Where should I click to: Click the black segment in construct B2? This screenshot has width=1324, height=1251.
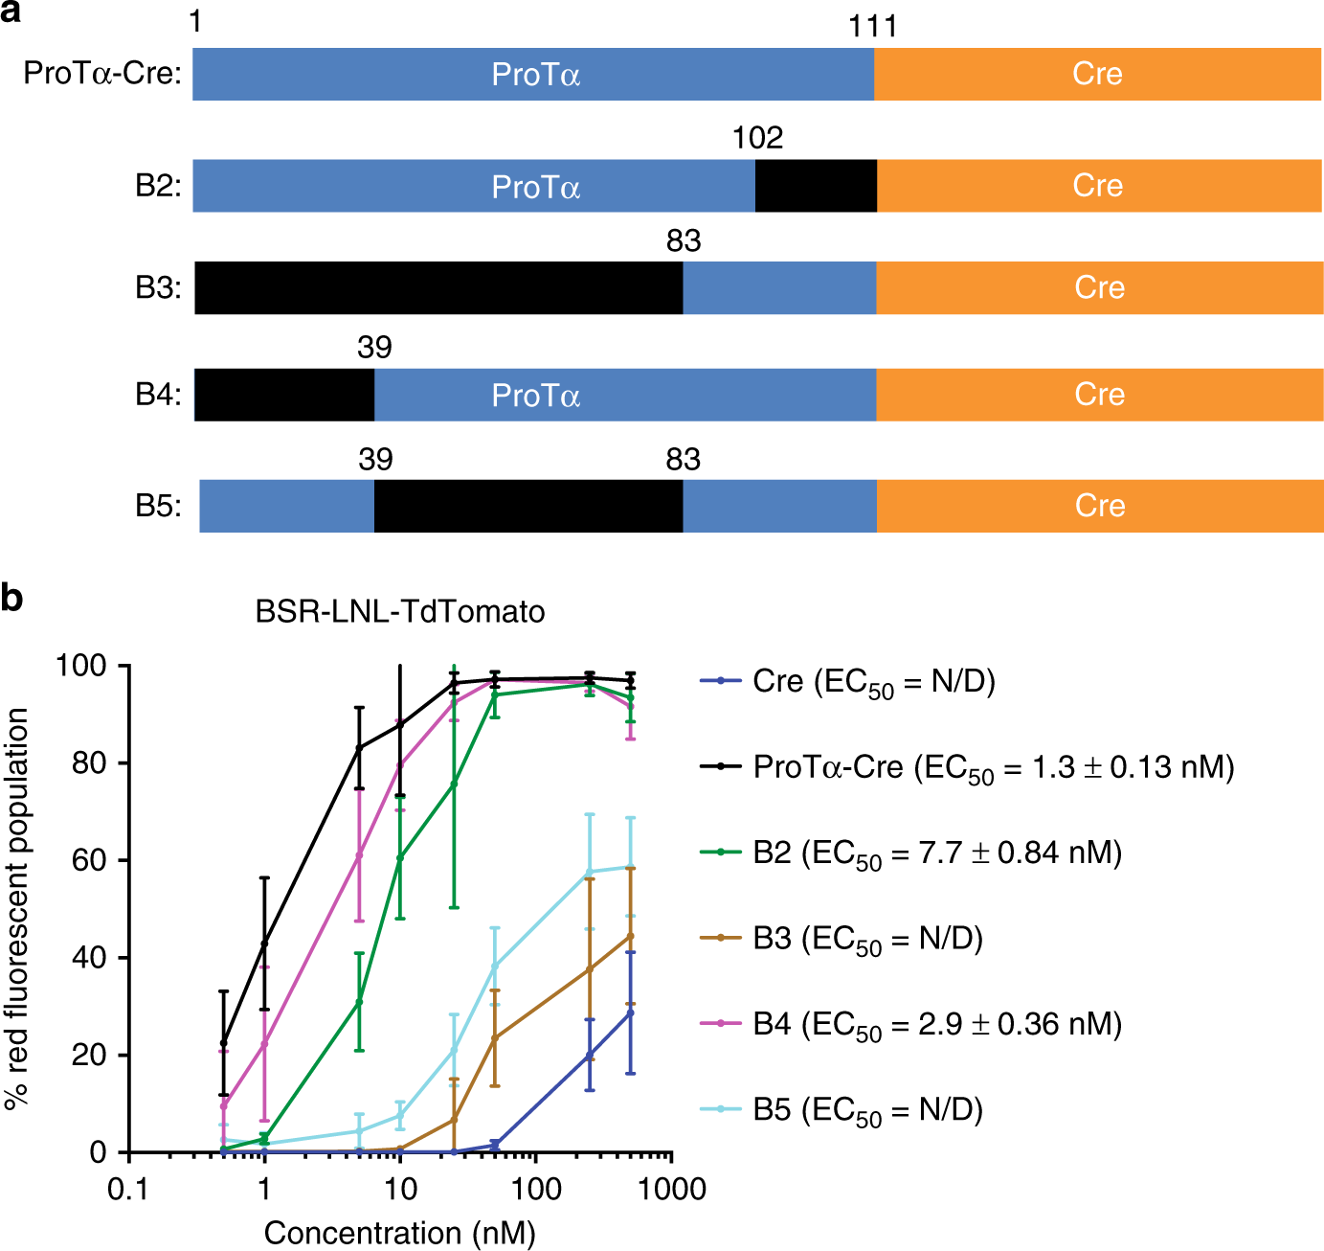click(x=816, y=186)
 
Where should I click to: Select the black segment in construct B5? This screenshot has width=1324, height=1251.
click(x=528, y=506)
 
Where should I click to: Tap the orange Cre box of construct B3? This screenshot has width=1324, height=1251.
click(x=1099, y=287)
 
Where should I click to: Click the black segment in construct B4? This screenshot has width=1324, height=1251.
click(x=284, y=395)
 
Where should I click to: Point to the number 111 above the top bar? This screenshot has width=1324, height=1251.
click(x=872, y=26)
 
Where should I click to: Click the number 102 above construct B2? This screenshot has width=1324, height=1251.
click(x=757, y=138)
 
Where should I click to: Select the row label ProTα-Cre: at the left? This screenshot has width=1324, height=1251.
click(x=102, y=73)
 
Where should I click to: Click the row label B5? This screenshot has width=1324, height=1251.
click(x=158, y=506)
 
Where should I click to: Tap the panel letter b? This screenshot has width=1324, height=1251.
click(x=12, y=598)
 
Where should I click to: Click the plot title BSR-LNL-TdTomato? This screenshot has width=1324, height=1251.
click(x=399, y=611)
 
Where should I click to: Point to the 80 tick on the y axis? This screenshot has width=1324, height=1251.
click(x=89, y=763)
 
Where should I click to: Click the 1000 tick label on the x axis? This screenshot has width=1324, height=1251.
click(x=672, y=1190)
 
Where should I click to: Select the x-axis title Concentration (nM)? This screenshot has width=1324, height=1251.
click(x=399, y=1233)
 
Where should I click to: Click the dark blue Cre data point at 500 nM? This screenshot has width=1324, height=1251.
click(x=630, y=1012)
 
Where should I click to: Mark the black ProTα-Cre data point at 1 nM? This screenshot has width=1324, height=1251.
click(x=264, y=944)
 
